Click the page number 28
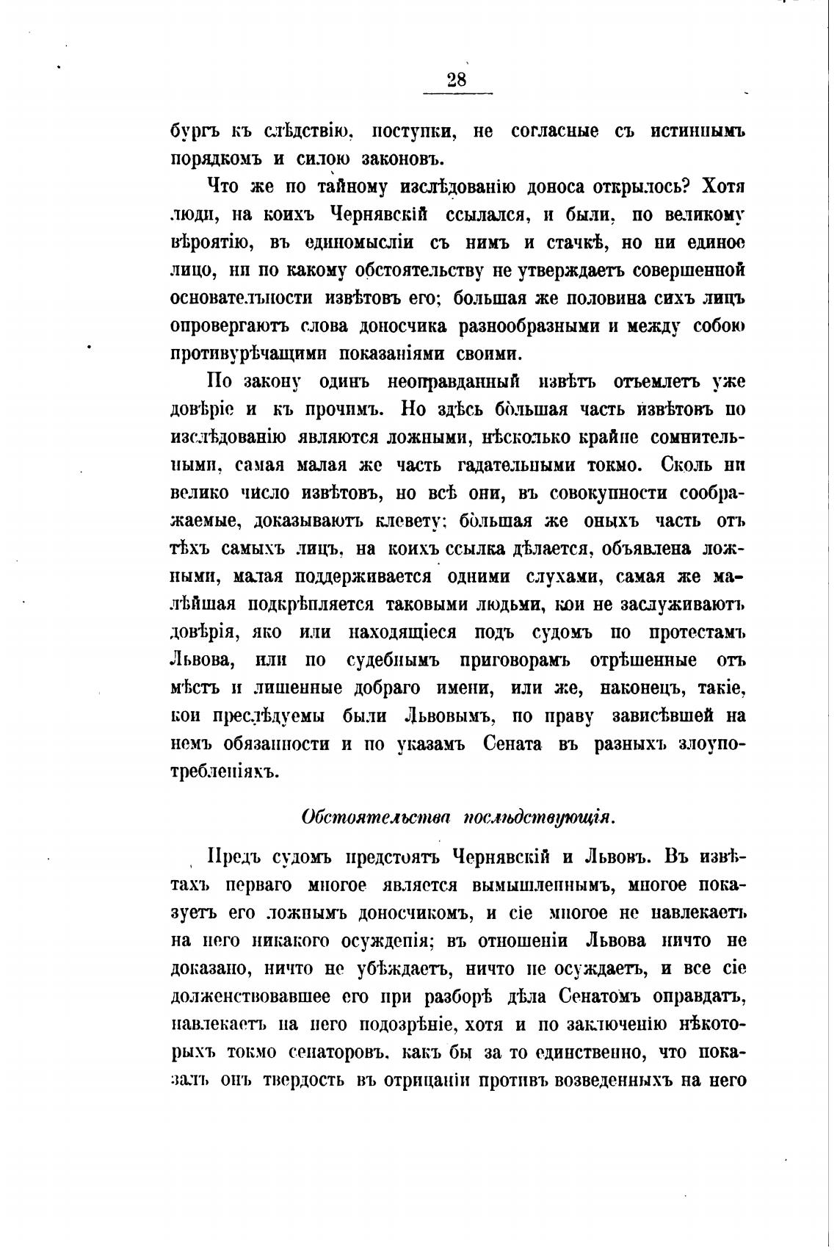tap(456, 80)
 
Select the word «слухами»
tap(560, 577)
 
